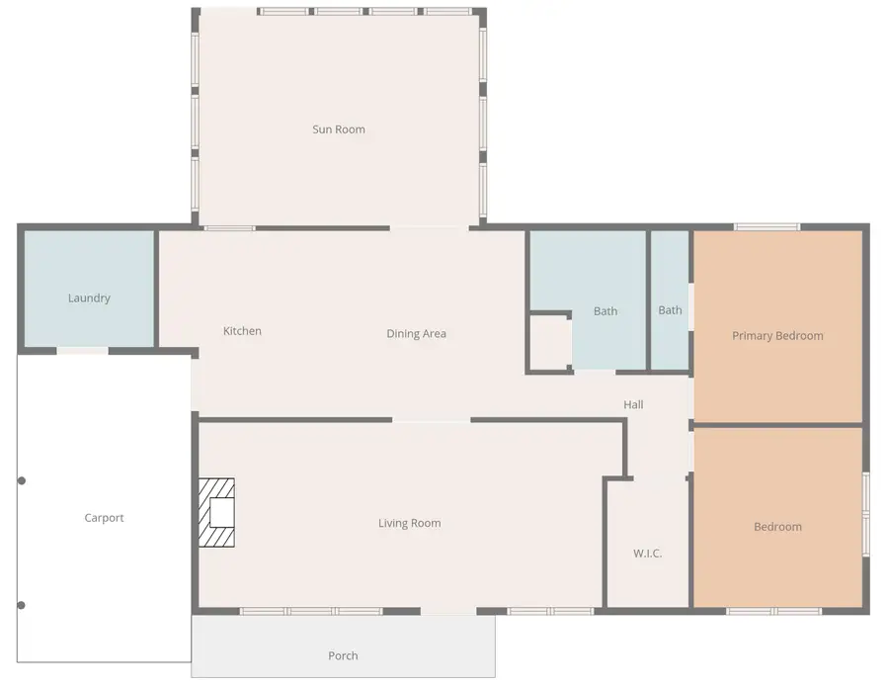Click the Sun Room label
339,129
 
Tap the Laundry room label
89,298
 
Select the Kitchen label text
242,331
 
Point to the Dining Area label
416,334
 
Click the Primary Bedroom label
777,336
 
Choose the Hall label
633,404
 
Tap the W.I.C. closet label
647,554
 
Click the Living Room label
409,523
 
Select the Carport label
104,518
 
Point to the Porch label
343,656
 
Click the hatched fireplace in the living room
216,512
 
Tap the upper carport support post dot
22,480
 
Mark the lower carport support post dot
22,605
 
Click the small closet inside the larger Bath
550,343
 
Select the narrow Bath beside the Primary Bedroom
670,300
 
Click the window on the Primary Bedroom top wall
768,227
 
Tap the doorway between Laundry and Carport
82,351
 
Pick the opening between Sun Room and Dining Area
430,228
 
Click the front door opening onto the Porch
448,611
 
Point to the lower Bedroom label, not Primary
777,527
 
